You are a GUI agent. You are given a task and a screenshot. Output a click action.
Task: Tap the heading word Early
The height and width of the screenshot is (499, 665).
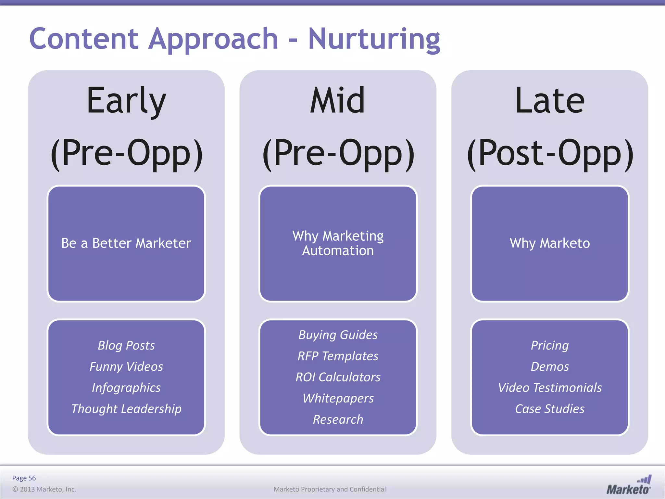(x=126, y=101)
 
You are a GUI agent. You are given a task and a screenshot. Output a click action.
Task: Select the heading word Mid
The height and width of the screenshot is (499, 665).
(x=338, y=101)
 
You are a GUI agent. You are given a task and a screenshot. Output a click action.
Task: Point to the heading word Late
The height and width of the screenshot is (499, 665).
(x=549, y=101)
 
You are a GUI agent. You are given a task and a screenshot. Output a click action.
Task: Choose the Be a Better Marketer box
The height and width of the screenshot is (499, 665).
(x=126, y=243)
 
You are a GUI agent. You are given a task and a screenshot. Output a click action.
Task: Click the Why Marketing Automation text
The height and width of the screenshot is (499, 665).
(x=338, y=243)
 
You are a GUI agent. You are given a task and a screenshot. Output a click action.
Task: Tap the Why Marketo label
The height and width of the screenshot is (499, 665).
(x=549, y=243)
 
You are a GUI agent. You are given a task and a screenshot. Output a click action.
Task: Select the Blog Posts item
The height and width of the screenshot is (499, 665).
(x=126, y=345)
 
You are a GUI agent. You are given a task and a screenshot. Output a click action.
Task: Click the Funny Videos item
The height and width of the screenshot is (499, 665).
(x=126, y=366)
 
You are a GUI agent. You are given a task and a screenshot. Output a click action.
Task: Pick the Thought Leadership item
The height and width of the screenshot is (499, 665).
(x=126, y=409)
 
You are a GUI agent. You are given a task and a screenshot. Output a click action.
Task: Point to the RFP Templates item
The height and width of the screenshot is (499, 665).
(x=338, y=356)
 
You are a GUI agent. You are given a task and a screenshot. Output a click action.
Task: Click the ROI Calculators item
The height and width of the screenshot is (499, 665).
(x=338, y=377)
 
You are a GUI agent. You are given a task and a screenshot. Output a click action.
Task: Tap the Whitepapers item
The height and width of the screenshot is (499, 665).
(x=338, y=398)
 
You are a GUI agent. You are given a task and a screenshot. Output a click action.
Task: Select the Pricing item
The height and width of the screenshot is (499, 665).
(x=549, y=345)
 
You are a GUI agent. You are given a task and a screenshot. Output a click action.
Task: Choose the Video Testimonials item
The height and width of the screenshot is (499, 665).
(x=549, y=388)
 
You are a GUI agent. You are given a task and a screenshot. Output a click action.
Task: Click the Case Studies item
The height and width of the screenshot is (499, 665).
(x=549, y=409)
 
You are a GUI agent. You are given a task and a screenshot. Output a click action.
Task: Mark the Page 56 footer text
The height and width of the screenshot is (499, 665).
(x=24, y=478)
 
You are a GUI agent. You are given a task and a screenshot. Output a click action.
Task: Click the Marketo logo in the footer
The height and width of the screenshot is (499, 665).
(x=629, y=485)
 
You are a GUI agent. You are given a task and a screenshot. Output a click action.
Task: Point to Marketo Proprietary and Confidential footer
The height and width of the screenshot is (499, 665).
(x=330, y=489)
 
